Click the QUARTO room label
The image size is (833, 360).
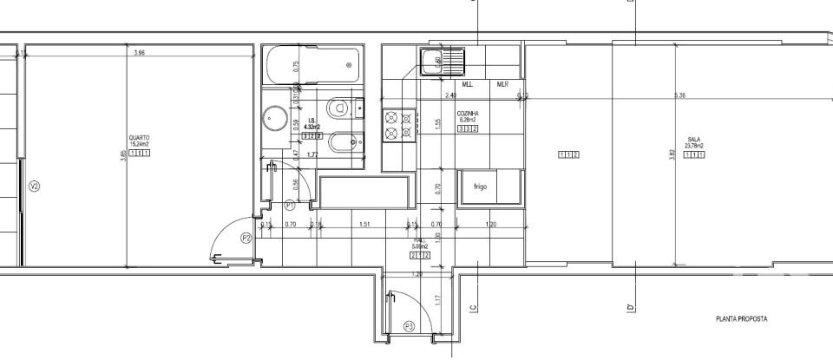[139, 137]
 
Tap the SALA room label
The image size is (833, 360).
[694, 138]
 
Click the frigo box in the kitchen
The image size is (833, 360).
[480, 187]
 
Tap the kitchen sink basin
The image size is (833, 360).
[432, 60]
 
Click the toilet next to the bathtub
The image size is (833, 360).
[347, 108]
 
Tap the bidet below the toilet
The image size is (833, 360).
[345, 140]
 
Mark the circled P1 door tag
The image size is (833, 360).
[290, 205]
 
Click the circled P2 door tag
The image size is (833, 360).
[246, 238]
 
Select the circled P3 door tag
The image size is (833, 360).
[409, 326]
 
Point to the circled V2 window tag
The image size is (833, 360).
[34, 187]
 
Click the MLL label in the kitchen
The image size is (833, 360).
[468, 85]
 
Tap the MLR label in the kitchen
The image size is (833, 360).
[502, 85]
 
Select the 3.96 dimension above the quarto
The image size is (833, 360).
[139, 54]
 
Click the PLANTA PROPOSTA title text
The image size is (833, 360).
[741, 319]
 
